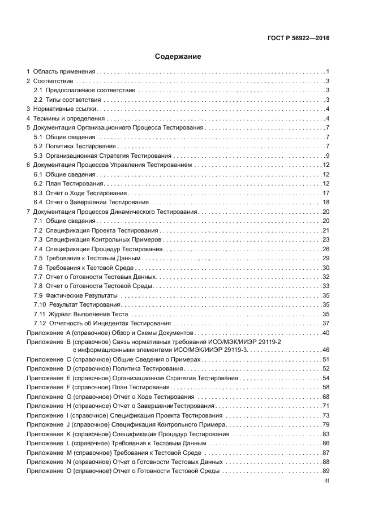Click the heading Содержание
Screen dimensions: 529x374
pyautogui.click(x=178, y=57)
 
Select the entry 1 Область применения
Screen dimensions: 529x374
pyautogui.click(x=61, y=72)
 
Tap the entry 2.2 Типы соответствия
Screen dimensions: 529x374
pyautogui.click(x=67, y=100)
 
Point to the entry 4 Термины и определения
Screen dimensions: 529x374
pyautogui.click(x=66, y=118)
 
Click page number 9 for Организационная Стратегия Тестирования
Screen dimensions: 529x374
pyautogui.click(x=328, y=156)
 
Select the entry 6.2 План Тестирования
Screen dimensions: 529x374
pyautogui.click(x=68, y=183)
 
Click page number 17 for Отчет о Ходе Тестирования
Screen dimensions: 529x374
pyautogui.click(x=326, y=193)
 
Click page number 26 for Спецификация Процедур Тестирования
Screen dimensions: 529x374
pyautogui.click(x=326, y=249)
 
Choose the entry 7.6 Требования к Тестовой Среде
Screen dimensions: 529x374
pyautogui.click(x=84, y=267)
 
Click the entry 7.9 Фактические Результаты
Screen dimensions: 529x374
pyautogui.click(x=76, y=295)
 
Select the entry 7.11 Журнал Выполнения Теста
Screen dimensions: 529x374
pyautogui.click(x=81, y=313)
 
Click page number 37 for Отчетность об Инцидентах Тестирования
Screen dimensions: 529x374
pyautogui.click(x=326, y=323)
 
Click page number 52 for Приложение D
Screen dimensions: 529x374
pyautogui.click(x=326, y=369)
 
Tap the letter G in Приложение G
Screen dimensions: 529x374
pyautogui.click(x=68, y=397)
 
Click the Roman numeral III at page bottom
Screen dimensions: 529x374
pyautogui.click(x=326, y=481)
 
